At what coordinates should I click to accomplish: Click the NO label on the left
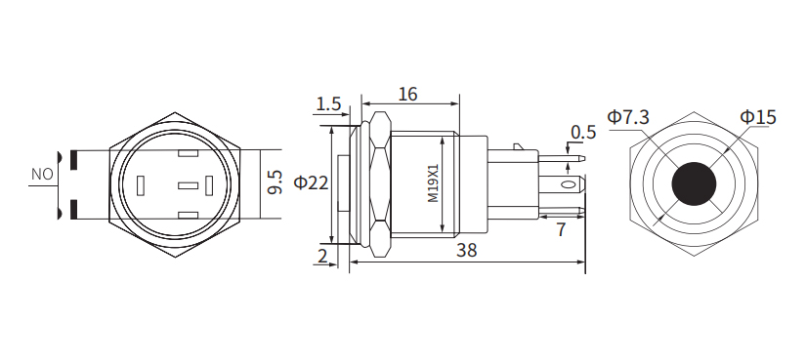click(42, 175)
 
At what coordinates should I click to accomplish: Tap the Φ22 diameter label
click(310, 182)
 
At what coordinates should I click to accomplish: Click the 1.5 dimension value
click(329, 103)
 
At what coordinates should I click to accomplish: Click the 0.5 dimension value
click(583, 132)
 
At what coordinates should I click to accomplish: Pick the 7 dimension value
click(561, 230)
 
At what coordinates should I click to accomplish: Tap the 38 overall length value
click(466, 250)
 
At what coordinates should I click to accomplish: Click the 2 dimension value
click(322, 256)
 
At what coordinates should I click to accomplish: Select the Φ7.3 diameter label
click(628, 117)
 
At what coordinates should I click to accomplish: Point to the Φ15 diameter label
click(757, 117)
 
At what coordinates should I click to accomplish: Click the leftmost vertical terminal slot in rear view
click(142, 184)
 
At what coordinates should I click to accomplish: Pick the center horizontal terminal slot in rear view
click(187, 184)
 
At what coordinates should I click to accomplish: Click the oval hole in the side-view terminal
click(566, 183)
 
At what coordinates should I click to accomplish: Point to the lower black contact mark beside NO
click(73, 210)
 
